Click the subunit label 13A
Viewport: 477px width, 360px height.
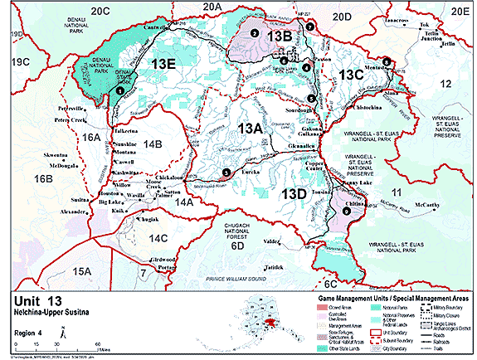251,129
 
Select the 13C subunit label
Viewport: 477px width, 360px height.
352,75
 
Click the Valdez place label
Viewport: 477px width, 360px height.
273,241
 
